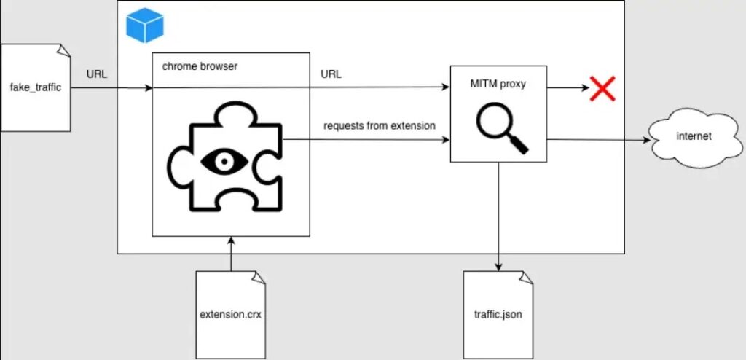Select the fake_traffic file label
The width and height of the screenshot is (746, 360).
click(x=35, y=88)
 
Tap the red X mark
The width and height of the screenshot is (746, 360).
click(x=602, y=89)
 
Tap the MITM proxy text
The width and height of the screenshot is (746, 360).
click(x=498, y=84)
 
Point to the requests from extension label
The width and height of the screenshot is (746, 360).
click(x=379, y=126)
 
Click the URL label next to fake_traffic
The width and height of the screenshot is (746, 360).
click(x=97, y=74)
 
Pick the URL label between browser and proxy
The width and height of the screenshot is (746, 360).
click(x=331, y=74)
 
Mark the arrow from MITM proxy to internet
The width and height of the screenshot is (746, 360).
click(x=597, y=140)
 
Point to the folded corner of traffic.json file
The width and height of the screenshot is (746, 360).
click(x=527, y=277)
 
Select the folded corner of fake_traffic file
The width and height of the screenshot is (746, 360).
click(x=63, y=50)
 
